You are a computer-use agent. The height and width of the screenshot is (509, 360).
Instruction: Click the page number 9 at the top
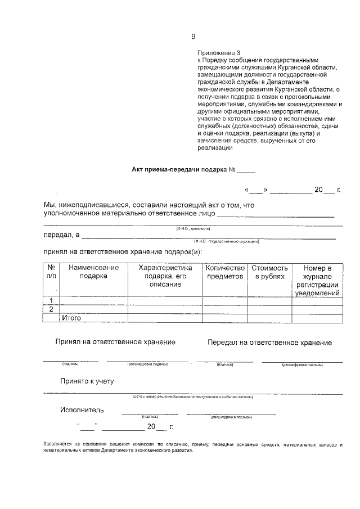click(193, 37)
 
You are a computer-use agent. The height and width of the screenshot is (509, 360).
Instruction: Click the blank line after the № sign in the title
click(246, 170)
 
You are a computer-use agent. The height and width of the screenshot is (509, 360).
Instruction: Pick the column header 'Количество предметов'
click(224, 272)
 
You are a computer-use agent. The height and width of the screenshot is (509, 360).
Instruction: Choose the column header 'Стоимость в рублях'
click(269, 272)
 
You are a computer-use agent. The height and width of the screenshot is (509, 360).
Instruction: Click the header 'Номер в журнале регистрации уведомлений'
click(318, 280)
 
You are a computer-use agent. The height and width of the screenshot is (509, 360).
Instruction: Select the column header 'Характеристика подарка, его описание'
click(165, 276)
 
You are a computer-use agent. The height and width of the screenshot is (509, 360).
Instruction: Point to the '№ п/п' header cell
click(51, 272)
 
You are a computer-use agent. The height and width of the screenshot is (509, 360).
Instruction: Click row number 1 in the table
click(51, 300)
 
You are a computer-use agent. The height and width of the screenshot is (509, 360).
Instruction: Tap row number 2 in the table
click(51, 309)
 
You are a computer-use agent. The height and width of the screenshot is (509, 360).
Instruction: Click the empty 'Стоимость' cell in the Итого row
click(269, 318)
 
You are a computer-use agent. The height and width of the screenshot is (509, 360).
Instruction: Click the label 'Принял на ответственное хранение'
click(115, 341)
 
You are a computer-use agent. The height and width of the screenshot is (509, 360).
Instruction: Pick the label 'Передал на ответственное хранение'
click(269, 343)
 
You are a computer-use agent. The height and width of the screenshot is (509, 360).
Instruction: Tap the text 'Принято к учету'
click(87, 381)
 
